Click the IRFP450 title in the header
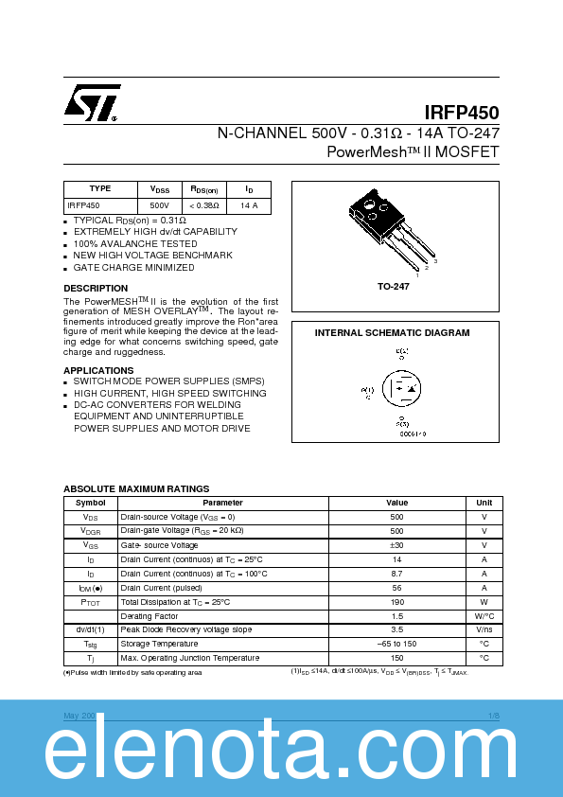[x=462, y=113]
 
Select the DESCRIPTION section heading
[x=96, y=288]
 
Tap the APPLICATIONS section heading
[x=98, y=370]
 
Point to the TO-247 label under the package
[x=393, y=286]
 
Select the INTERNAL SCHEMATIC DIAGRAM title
[x=392, y=333]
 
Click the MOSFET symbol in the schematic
[x=401, y=389]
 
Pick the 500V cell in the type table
[x=159, y=204]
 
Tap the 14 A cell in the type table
[x=249, y=204]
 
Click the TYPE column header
[x=100, y=189]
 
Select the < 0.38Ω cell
[x=203, y=204]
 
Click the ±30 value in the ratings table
[x=396, y=545]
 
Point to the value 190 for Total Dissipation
[x=396, y=601]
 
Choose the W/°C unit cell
[x=484, y=615]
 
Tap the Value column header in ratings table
[x=396, y=503]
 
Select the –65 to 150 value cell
[x=396, y=644]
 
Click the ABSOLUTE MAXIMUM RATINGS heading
[x=136, y=488]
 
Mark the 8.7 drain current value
[x=396, y=574]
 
